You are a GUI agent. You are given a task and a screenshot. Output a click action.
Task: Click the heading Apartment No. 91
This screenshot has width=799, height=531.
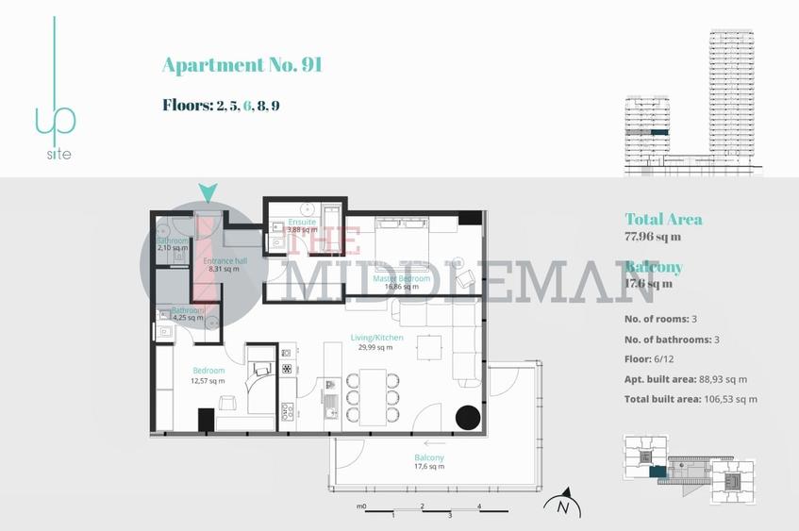[242, 65]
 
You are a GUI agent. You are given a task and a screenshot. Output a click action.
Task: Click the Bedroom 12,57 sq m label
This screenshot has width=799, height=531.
[208, 375]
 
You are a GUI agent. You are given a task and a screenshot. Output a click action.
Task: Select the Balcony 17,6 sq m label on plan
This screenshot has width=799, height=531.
[429, 463]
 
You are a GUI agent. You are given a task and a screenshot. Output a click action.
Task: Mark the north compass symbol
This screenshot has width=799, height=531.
[563, 505]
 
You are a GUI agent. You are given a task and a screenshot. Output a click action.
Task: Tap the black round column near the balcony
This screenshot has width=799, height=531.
[468, 418]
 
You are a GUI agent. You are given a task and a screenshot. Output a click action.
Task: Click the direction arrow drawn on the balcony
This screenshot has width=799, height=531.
[435, 441]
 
